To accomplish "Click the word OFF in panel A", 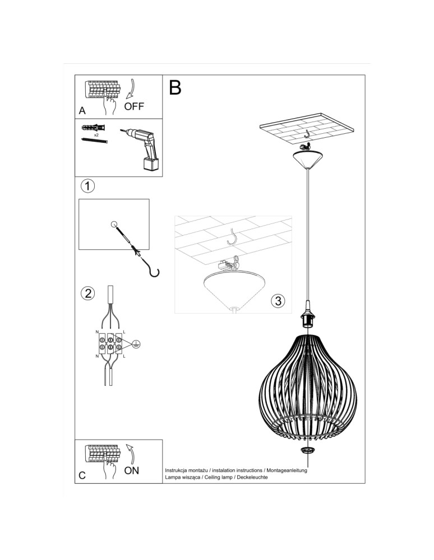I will pos(135,107).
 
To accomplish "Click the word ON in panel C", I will pos(132,470).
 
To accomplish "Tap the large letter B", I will pos(175,88).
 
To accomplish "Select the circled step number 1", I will pos(87,186).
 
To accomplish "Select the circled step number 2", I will pos(87,293).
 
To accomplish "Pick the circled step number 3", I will pos(277,301).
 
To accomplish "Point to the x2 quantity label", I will pos(97,135).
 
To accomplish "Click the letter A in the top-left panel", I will pos(82,110).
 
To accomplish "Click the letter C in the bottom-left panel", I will pos(82,475).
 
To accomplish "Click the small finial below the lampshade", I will pos(307,451).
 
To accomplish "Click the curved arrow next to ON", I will pos(130,452).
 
